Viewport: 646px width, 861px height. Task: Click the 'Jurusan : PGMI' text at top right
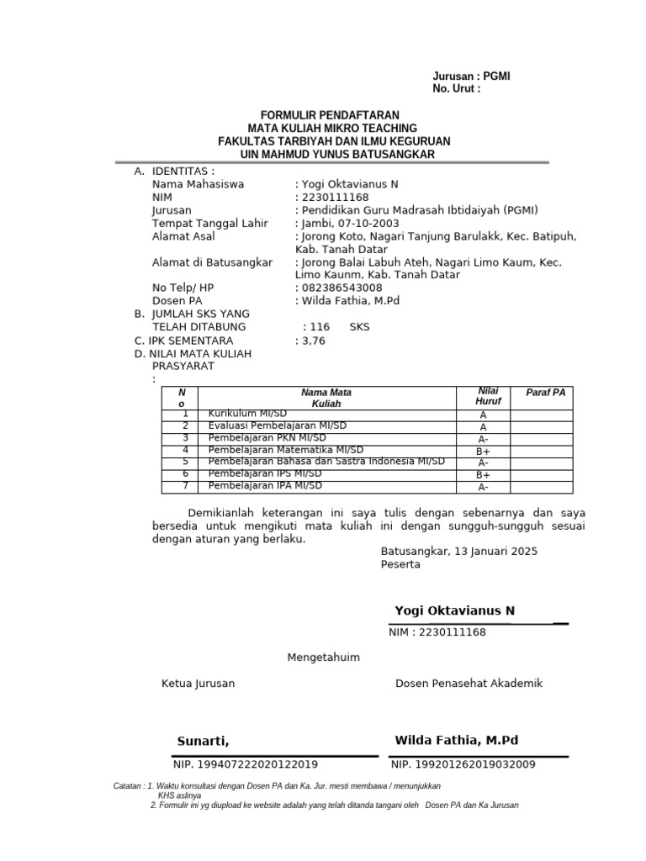tap(471, 77)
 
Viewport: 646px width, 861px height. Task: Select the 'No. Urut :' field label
tap(457, 88)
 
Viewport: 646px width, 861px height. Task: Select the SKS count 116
tap(319, 327)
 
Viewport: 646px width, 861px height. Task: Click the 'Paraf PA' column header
tap(545, 393)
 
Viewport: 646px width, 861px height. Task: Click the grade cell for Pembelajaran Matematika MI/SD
tap(483, 451)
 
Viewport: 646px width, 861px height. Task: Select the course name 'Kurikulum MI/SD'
tap(247, 414)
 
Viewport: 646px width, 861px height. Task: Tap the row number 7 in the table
tap(185, 486)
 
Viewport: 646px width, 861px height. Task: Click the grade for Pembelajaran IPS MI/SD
tap(483, 475)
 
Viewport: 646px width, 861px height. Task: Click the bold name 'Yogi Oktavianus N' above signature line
tap(454, 610)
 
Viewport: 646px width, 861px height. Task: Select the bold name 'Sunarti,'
tap(203, 741)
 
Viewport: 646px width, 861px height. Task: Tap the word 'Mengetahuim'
tap(324, 658)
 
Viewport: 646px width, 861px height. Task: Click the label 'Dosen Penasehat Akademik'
tap(469, 684)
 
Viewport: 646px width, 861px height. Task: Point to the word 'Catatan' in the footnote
tap(128, 786)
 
